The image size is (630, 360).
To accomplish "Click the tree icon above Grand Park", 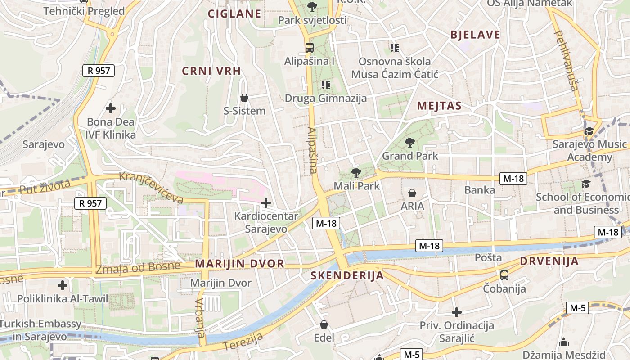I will [409, 143].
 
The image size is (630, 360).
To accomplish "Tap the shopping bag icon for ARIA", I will [412, 193].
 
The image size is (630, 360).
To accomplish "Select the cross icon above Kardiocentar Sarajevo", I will [266, 203].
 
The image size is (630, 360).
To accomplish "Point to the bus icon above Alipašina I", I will [310, 47].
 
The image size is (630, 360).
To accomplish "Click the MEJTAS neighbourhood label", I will [439, 106].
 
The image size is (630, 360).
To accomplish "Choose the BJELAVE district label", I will [475, 35].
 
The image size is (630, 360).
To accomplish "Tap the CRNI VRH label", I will [211, 71].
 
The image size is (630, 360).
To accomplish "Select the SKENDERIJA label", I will [347, 275].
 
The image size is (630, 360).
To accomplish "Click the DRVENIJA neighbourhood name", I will [549, 261].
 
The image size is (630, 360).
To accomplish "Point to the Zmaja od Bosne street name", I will [138, 268].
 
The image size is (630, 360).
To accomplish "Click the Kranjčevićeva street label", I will [151, 186].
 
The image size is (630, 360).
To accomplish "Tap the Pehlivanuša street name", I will [567, 60].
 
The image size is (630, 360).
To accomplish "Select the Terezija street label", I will [243, 341].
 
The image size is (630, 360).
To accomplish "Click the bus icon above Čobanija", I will [504, 275].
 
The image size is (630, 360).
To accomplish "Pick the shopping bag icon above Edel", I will [324, 324].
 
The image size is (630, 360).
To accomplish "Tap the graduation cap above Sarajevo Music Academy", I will [589, 131].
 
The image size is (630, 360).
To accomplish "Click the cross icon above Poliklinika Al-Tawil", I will [63, 285].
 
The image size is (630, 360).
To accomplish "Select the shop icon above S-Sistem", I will [244, 98].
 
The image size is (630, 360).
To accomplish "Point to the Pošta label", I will [488, 258].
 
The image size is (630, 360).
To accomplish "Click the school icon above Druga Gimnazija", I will [326, 85].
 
